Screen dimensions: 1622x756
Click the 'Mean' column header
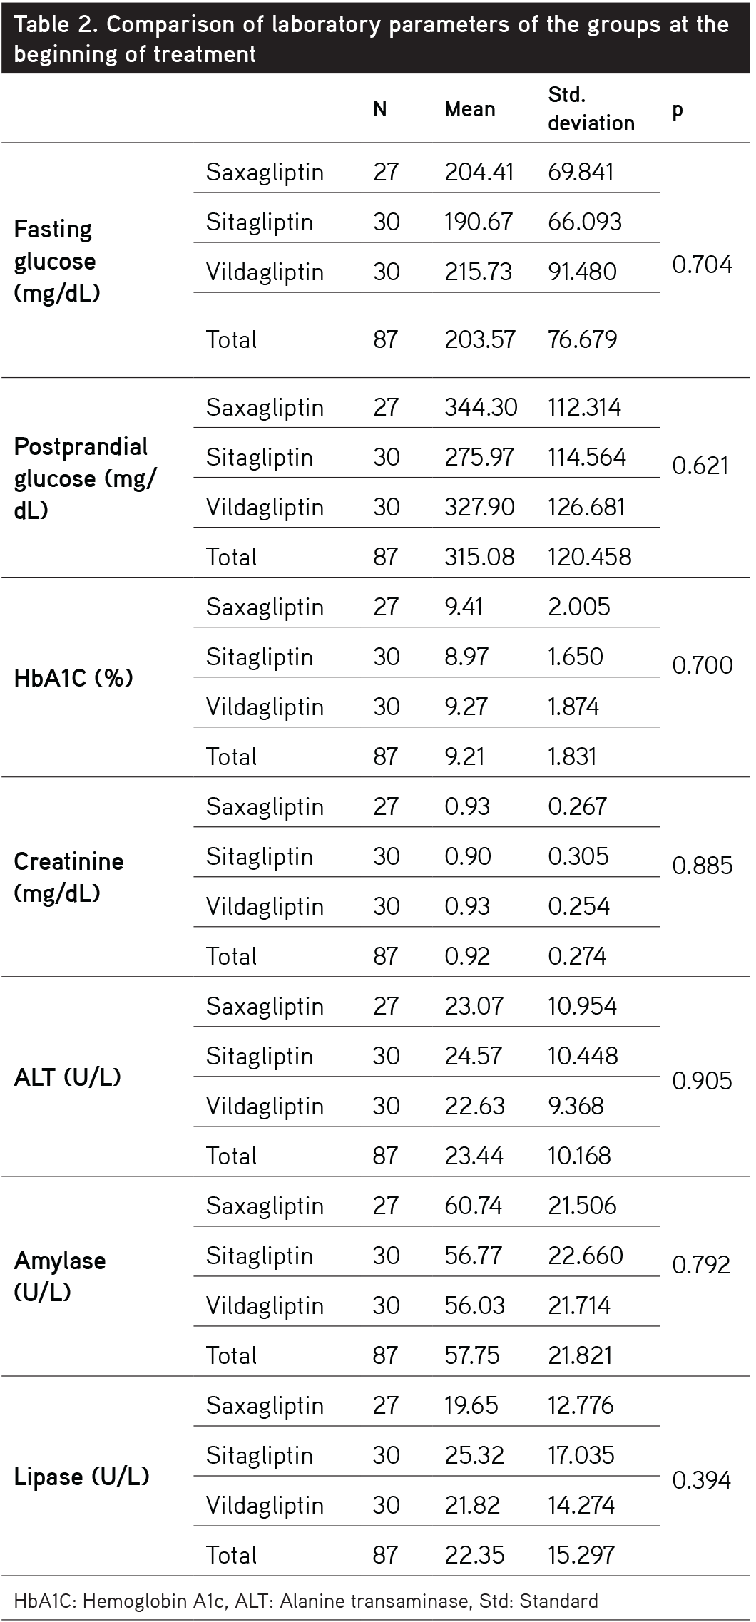pyautogui.click(x=469, y=109)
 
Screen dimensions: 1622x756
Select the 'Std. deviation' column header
pyautogui.click(x=591, y=109)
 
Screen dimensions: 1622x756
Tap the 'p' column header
pyautogui.click(x=677, y=110)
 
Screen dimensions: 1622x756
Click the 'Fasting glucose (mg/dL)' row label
pyautogui.click(x=56, y=261)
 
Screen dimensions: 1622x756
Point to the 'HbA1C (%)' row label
pyautogui.click(x=73, y=678)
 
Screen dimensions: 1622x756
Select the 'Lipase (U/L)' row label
pyautogui.click(x=81, y=1477)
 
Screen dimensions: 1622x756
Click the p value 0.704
pyautogui.click(x=702, y=265)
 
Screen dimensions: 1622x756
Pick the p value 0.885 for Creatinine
pyautogui.click(x=702, y=866)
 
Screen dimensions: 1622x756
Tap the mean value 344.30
pyautogui.click(x=481, y=408)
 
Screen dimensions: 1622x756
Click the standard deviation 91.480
pyautogui.click(x=582, y=272)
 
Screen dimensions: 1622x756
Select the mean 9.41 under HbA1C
pyautogui.click(x=464, y=607)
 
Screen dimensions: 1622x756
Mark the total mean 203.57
pyautogui.click(x=479, y=339)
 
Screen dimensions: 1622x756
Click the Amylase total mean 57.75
pyautogui.click(x=471, y=1355)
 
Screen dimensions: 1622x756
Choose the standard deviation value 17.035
pyautogui.click(x=581, y=1455)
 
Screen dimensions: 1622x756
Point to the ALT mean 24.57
pyautogui.click(x=473, y=1056)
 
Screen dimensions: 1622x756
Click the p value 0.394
pyautogui.click(x=702, y=1481)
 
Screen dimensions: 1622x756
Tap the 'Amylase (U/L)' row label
pyautogui.click(x=60, y=1276)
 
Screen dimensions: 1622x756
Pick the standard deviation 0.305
pyautogui.click(x=578, y=856)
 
